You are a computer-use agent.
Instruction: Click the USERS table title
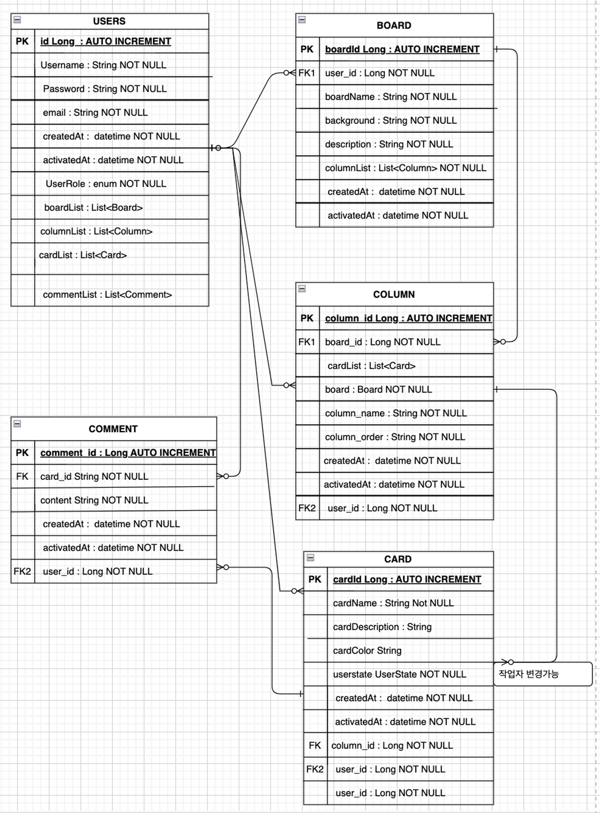click(x=109, y=21)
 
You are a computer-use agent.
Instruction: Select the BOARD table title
click(x=394, y=25)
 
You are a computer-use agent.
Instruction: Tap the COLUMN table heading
click(x=394, y=294)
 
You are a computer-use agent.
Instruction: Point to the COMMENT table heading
click(x=113, y=429)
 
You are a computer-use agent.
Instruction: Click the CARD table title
click(x=397, y=559)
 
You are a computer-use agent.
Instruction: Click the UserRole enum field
click(x=106, y=184)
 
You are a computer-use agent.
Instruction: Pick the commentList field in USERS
click(x=107, y=294)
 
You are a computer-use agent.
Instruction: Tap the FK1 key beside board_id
click(x=307, y=342)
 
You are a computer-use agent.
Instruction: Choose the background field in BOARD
click(x=390, y=120)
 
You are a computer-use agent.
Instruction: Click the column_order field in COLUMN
click(x=395, y=437)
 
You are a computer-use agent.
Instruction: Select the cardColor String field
click(x=367, y=651)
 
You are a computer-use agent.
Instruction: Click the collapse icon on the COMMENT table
click(x=17, y=424)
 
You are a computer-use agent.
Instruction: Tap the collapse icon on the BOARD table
click(x=302, y=20)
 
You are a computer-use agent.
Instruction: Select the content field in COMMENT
click(x=94, y=500)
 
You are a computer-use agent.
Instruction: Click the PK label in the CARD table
click(x=315, y=580)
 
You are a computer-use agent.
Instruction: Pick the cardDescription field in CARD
click(x=382, y=627)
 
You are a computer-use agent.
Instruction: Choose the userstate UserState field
click(x=399, y=674)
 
